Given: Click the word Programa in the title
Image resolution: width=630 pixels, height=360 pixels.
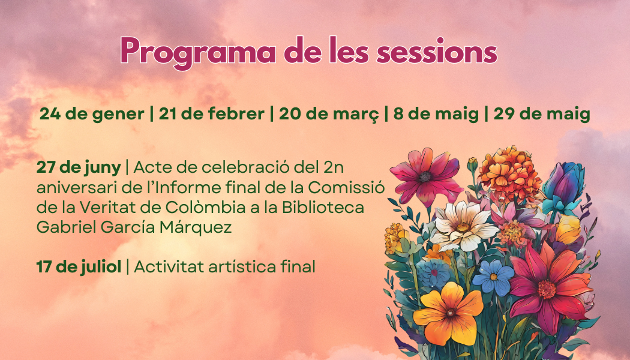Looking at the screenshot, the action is click(x=197, y=52).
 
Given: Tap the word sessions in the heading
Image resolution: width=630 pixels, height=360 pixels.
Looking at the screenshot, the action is click(x=437, y=52).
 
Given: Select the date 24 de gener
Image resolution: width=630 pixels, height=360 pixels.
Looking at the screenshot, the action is click(x=92, y=114).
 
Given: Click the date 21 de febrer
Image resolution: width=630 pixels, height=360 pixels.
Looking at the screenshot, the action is click(x=211, y=114).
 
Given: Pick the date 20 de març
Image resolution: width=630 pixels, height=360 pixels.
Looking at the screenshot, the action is click(x=329, y=115).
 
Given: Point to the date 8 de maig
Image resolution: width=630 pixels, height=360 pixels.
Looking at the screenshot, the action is click(x=436, y=115).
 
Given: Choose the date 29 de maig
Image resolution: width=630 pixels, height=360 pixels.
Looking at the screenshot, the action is click(x=542, y=115).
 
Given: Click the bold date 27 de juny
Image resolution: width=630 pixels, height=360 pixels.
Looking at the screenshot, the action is click(x=79, y=167).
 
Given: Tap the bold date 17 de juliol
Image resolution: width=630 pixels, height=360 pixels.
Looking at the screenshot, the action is click(x=79, y=266).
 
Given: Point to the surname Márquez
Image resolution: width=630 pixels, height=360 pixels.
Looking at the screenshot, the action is click(x=196, y=227).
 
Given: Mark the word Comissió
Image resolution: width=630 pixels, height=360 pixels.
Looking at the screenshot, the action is click(x=346, y=188).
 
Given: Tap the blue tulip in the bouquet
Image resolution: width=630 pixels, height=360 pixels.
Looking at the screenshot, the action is click(x=563, y=187).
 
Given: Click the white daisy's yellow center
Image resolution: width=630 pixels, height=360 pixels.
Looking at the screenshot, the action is click(x=463, y=227).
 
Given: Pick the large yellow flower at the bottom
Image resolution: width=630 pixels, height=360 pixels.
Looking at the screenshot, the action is click(x=449, y=313).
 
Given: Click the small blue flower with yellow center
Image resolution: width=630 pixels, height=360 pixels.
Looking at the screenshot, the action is click(x=493, y=277).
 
